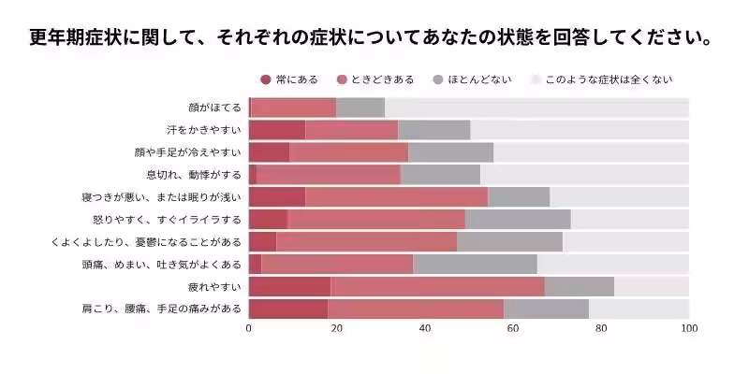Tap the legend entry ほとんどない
478,79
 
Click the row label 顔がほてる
214,108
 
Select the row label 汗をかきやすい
204,130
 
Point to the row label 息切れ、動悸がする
194,175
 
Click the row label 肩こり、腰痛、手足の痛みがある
163,309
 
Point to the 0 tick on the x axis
249,329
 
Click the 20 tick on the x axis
337,329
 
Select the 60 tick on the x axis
513,329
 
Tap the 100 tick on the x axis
689,329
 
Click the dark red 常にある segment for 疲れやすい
289,287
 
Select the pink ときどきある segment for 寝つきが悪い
397,197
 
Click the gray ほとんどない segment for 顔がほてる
360,108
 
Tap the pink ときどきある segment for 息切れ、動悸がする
329,175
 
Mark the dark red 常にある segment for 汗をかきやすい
277,130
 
